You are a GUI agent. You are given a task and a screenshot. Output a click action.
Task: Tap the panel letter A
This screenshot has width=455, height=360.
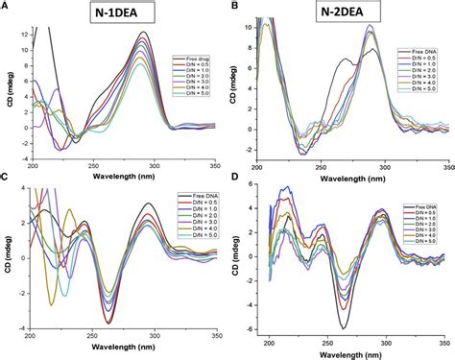point(6,6)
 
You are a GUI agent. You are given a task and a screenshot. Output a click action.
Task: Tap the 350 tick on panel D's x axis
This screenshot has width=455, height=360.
point(444,340)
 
